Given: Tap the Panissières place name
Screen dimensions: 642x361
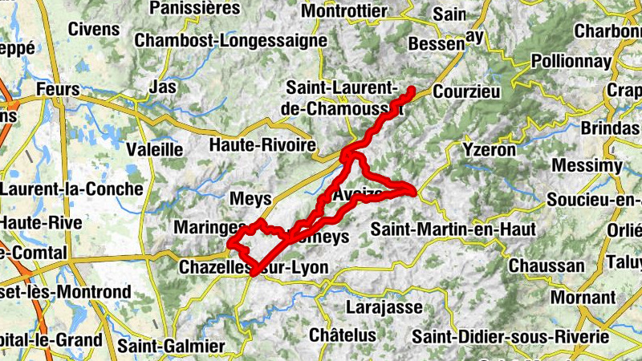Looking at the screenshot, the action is coord(195,9).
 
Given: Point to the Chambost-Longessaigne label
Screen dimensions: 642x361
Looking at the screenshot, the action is coord(230,40).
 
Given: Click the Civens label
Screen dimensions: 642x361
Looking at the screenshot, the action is coord(94,30).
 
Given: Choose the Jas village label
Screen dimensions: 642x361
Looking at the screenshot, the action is coord(163,86).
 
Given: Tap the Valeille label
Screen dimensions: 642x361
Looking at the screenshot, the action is coord(154,149).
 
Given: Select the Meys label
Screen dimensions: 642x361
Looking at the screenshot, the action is coord(251,198).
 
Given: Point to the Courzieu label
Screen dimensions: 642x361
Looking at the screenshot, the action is coord(466,91).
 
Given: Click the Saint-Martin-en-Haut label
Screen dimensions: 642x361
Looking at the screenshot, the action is coord(453,229).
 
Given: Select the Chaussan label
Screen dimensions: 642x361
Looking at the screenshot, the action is coord(547,266).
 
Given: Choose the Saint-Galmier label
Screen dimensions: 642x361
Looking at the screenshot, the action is coord(171,347).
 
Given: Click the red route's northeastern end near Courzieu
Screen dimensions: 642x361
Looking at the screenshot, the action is coord(412,89).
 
